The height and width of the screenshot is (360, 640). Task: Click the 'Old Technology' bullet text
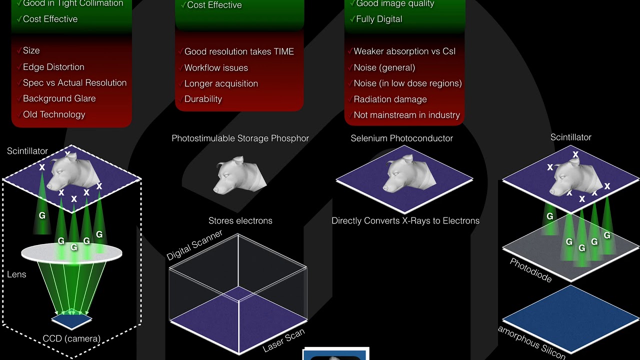pyautogui.click(x=54, y=114)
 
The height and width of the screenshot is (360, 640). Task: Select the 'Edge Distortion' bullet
pyautogui.click(x=53, y=67)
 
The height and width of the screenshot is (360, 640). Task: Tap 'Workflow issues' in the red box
pyautogui.click(x=216, y=68)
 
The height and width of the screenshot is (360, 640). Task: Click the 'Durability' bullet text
pyautogui.click(x=203, y=99)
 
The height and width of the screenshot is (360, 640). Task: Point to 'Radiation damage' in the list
pyautogui.click(x=390, y=99)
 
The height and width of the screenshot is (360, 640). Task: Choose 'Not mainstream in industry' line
pyautogui.click(x=407, y=115)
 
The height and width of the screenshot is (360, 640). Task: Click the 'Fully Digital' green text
pyautogui.click(x=379, y=19)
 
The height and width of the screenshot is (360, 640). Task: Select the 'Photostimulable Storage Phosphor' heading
pyautogui.click(x=240, y=138)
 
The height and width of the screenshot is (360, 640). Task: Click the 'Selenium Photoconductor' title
pyautogui.click(x=401, y=138)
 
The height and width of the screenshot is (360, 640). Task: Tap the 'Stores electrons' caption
pyautogui.click(x=240, y=221)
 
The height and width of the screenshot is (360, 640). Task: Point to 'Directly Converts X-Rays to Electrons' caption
pyautogui.click(x=405, y=221)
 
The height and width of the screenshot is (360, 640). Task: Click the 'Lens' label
pyautogui.click(x=16, y=274)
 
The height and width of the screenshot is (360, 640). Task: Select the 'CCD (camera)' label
pyautogui.click(x=71, y=339)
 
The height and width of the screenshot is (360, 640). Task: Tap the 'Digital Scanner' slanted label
pyautogui.click(x=194, y=245)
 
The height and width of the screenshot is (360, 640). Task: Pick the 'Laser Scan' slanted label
pyautogui.click(x=283, y=340)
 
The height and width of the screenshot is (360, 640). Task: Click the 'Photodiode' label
pyautogui.click(x=530, y=270)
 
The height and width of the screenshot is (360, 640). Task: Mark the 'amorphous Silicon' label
pyautogui.click(x=531, y=342)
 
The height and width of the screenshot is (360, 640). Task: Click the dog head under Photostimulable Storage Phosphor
pyautogui.click(x=239, y=175)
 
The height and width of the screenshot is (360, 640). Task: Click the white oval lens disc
pyautogui.click(x=71, y=253)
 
